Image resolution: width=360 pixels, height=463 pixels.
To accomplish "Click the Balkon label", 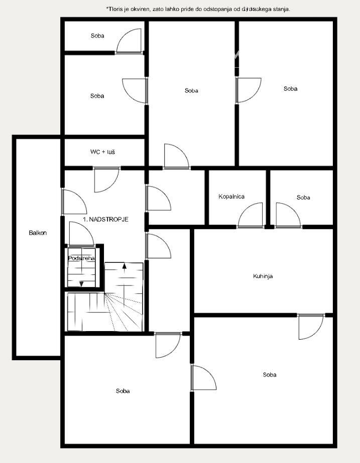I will (x=38, y=233).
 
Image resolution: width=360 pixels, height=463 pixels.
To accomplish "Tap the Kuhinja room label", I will (x=263, y=276).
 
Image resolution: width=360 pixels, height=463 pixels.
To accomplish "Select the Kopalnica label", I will (x=231, y=197).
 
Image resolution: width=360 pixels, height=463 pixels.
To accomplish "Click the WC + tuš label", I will (x=102, y=151).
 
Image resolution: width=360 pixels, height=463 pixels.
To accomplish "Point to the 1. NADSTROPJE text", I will (x=106, y=220).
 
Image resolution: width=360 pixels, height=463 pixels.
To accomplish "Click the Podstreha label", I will (x=81, y=258).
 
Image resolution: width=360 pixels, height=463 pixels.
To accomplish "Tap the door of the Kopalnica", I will (x=250, y=216).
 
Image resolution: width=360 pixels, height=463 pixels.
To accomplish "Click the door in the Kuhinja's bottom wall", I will (x=310, y=326).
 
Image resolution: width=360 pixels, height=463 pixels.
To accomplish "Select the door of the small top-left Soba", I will (x=130, y=42).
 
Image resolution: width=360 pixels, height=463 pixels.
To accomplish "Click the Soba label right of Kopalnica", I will (x=303, y=198).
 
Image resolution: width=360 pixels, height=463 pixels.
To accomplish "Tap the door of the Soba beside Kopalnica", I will (x=288, y=216).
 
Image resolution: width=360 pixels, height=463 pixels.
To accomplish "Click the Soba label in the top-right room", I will (x=290, y=89).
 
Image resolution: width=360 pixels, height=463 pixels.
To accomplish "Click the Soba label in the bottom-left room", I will (x=123, y=391).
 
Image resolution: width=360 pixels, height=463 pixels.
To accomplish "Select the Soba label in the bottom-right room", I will (x=269, y=375).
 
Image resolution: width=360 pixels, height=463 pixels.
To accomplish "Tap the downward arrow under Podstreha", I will (x=82, y=283).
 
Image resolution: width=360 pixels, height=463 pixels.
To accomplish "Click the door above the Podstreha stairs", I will (x=80, y=234).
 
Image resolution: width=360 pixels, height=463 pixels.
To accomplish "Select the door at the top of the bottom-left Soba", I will (x=168, y=344).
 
